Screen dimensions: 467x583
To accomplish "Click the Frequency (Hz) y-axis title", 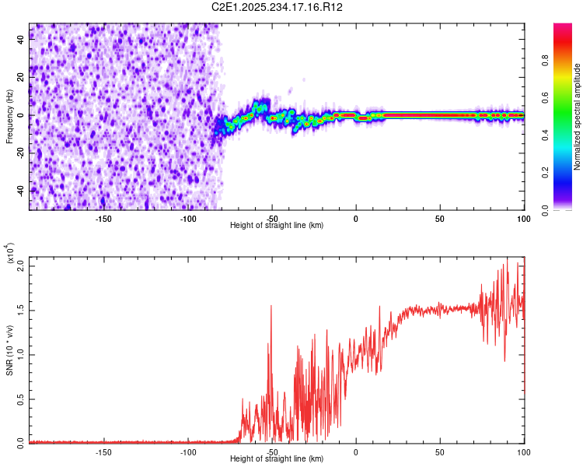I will click(10, 116).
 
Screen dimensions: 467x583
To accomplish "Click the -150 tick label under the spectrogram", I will click(103, 218).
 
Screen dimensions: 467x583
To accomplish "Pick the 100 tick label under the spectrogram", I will click(523, 218).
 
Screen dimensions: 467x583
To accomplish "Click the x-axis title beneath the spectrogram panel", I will click(278, 226).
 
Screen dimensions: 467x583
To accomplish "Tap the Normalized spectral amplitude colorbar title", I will click(578, 117).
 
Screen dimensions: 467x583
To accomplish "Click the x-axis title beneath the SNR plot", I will click(278, 459).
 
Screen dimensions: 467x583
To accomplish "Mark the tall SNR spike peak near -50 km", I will click(271, 306).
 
